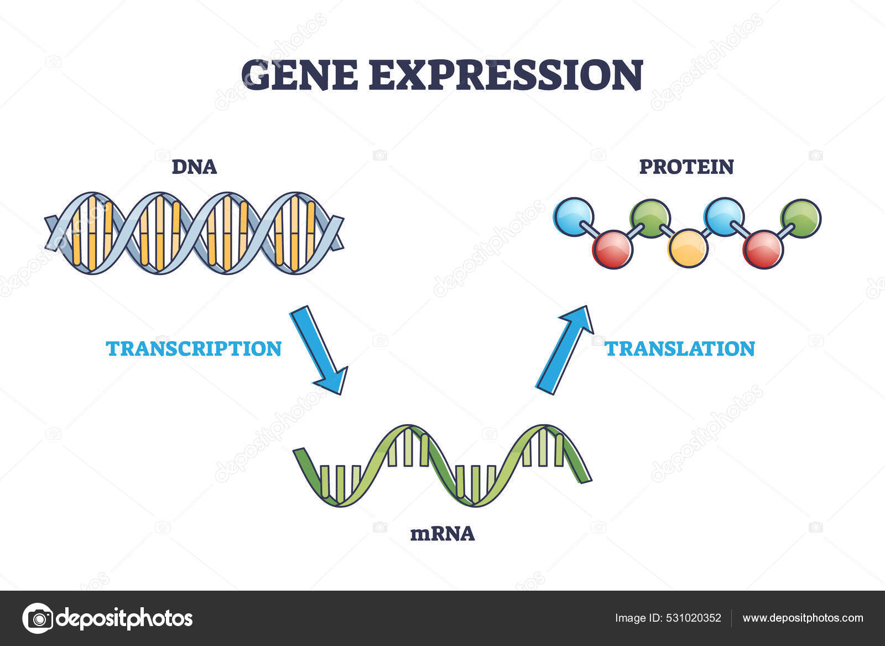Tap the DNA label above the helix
[x=194, y=167]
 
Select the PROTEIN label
[x=686, y=167]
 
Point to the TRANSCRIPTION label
[x=194, y=349]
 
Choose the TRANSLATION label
[x=680, y=349]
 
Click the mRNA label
[x=442, y=534]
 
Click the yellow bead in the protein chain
[x=688, y=248]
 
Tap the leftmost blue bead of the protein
[x=574, y=217]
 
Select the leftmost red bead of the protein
[x=612, y=250]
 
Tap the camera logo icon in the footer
[x=38, y=618]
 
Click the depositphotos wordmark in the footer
[x=124, y=618]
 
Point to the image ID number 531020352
[x=694, y=618]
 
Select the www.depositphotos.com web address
[x=803, y=618]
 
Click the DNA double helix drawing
[x=194, y=233]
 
